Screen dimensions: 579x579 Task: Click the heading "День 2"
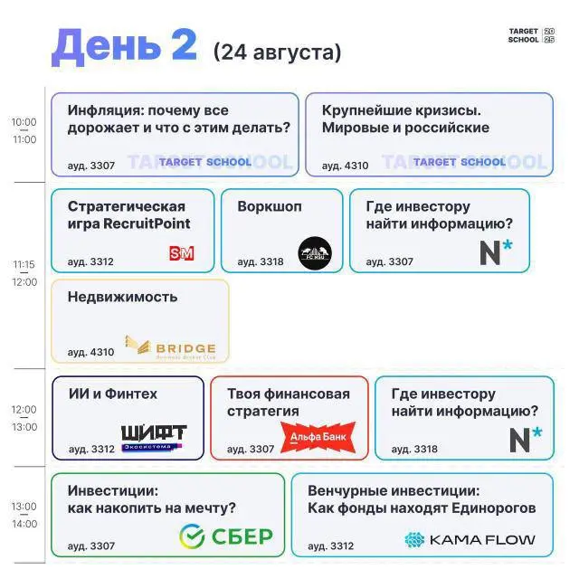point(124,45)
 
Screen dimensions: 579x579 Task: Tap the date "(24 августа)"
point(278,52)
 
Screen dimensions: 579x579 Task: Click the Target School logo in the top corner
point(531,36)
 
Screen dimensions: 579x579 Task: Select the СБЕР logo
point(226,536)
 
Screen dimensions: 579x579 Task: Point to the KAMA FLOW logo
point(470,540)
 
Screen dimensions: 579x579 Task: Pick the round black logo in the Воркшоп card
point(315,252)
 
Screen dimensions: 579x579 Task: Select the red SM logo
point(182,253)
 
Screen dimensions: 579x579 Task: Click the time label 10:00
point(24,122)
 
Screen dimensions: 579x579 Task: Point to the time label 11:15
point(24,265)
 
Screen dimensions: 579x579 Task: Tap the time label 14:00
point(24,524)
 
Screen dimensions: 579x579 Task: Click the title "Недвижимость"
point(122,297)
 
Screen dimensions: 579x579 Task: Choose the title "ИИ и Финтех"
point(112,394)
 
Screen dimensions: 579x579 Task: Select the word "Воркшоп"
point(270,206)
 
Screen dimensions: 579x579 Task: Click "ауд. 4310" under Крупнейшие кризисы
point(345,166)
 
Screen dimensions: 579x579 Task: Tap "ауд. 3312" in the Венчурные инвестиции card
point(330,546)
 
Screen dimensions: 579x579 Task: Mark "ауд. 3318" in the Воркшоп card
point(260,262)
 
